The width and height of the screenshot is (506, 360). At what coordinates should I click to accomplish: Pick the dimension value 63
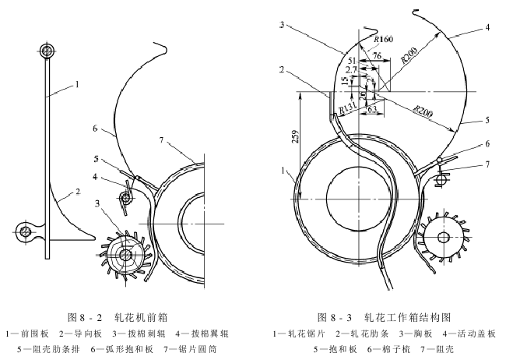[x=373, y=108]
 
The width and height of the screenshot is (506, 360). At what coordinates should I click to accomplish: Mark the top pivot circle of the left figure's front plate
[x=47, y=51]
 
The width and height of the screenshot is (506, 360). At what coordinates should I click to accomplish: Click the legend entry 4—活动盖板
[x=466, y=334]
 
